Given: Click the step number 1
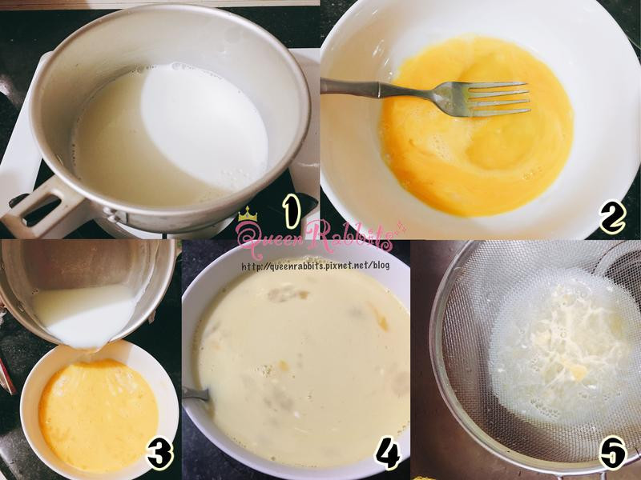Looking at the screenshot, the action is click(292, 210).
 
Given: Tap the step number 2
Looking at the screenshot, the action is click(613, 217).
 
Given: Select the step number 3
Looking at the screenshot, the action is click(160, 453).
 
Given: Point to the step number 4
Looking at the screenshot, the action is click(388, 454).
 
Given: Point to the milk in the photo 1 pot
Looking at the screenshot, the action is click(171, 134).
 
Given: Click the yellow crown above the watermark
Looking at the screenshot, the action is click(248, 214).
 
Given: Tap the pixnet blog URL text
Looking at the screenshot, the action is click(315, 266).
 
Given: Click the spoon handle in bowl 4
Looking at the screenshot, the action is click(196, 394).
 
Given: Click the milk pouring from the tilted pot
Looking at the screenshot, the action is click(86, 316).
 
